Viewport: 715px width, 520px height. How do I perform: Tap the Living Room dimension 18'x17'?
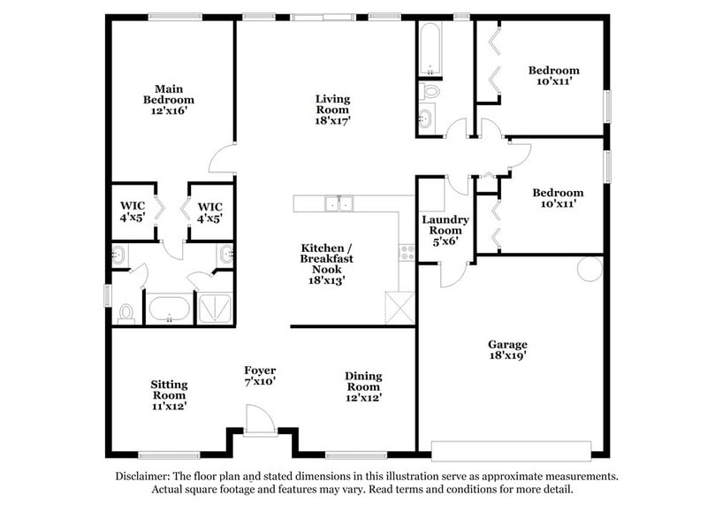click(333, 121)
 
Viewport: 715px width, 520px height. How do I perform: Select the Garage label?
click(507, 345)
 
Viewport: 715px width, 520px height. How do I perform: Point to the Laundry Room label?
click(445, 226)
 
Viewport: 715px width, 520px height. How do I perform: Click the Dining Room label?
click(362, 382)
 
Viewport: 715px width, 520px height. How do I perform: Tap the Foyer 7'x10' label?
click(260, 376)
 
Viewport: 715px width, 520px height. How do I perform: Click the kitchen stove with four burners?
click(407, 253)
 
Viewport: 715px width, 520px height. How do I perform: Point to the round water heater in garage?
click(589, 268)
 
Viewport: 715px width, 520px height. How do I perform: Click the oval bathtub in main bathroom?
click(166, 309)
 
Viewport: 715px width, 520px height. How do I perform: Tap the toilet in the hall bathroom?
click(430, 90)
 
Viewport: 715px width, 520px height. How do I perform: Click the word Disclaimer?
click(145, 477)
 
